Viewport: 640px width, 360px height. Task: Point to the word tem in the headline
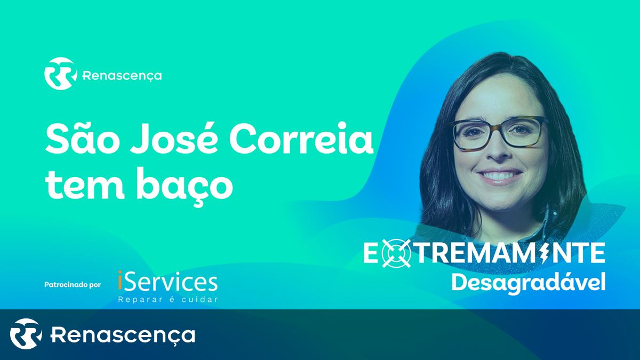(85, 185)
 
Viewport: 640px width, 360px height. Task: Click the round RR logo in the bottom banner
(26, 334)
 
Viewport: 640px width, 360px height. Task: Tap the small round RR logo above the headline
(61, 74)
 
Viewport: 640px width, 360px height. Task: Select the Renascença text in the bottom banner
(123, 335)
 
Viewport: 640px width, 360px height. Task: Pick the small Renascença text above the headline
(122, 76)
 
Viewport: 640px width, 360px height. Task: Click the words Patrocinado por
(73, 285)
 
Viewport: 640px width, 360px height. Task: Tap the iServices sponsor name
(167, 282)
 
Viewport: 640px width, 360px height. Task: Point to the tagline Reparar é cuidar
(168, 300)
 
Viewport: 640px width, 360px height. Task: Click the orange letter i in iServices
(120, 282)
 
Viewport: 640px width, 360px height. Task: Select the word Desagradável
(529, 283)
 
